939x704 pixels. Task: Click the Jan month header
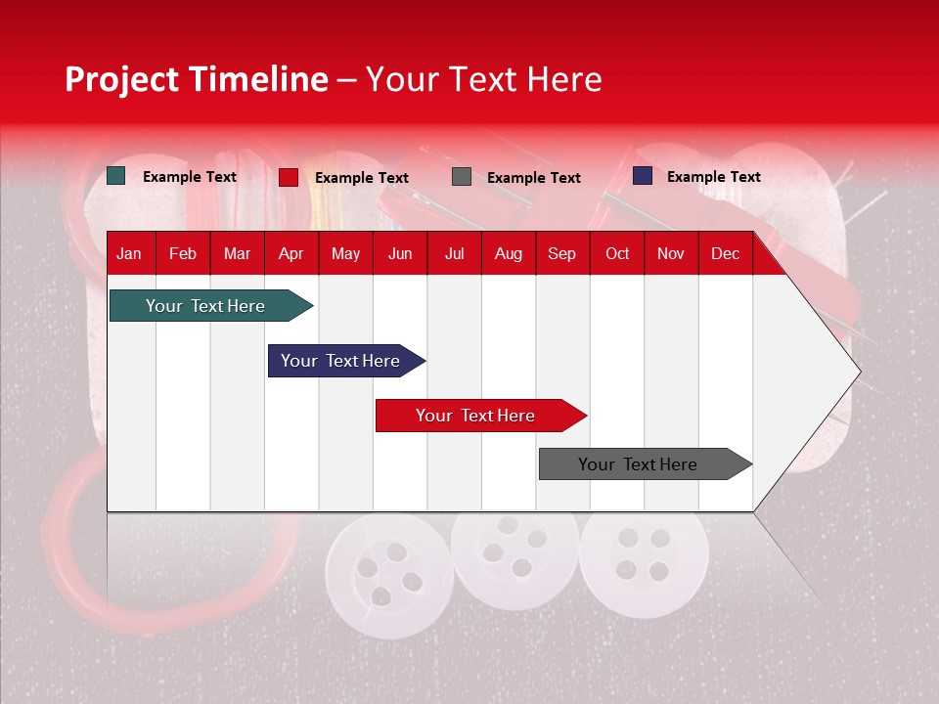129,254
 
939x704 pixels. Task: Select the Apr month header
291,254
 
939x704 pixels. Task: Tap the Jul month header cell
454,254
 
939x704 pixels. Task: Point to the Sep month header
561,254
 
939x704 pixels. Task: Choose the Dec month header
725,254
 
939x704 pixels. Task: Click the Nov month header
671,254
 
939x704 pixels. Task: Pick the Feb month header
183,254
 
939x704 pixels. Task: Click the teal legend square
116,176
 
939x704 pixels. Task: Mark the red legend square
289,177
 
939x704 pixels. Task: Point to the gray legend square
462,177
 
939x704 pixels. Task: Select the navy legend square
643,176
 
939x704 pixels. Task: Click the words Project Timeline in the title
197,79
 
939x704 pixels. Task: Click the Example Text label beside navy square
713,177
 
